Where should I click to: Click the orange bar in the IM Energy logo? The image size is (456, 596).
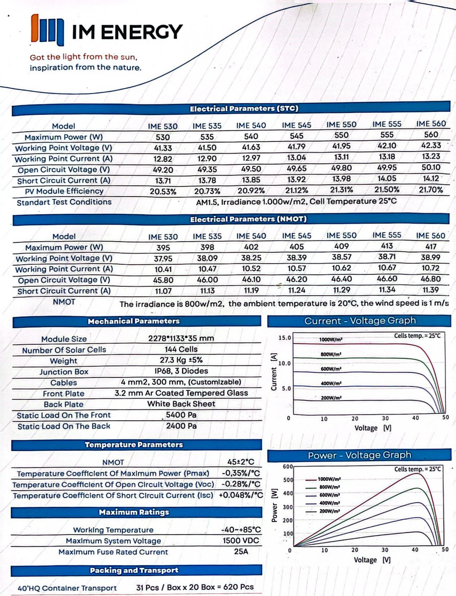click(35, 28)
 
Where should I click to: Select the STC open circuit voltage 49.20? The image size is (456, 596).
click(163, 170)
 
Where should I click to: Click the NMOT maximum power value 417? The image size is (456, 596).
click(431, 247)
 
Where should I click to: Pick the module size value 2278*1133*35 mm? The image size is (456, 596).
click(181, 338)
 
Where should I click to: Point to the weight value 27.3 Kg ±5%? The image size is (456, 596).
click(181, 360)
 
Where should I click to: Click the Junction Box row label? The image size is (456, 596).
click(64, 372)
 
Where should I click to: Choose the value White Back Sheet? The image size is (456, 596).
click(181, 404)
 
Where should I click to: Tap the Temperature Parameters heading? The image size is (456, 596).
click(134, 445)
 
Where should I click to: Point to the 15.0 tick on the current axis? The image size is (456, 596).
click(285, 338)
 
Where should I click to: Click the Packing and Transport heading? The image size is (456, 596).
click(134, 570)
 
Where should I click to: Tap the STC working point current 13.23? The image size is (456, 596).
click(431, 157)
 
